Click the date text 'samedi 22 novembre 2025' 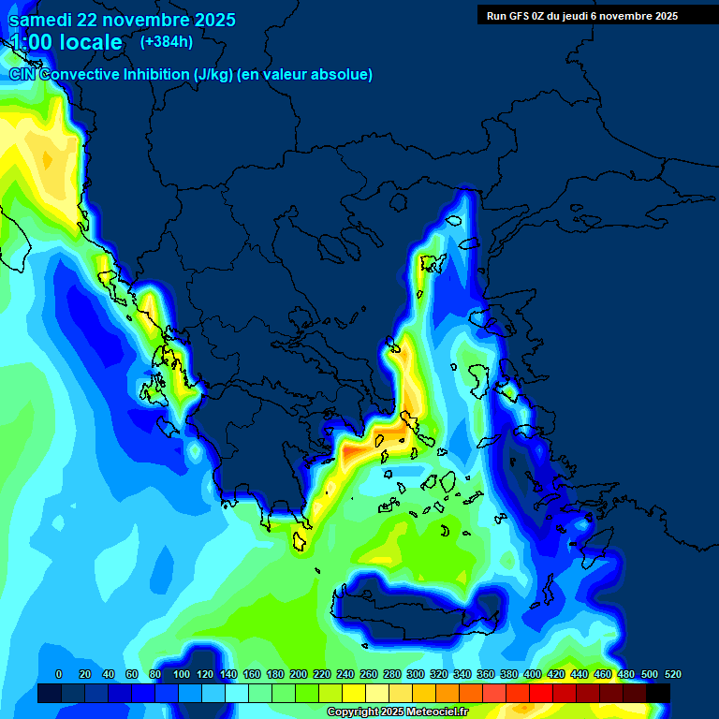pyautogui.click(x=123, y=20)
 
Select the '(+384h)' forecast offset pyautogui.click(x=167, y=41)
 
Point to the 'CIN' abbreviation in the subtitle pyautogui.click(x=22, y=74)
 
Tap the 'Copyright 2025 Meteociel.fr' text pyautogui.click(x=397, y=712)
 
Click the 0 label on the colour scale pyautogui.click(x=59, y=674)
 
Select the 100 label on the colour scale pyautogui.click(x=181, y=674)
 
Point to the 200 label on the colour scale pyautogui.click(x=299, y=674)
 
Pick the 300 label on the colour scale pyautogui.click(x=416, y=674)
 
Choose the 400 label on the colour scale pyautogui.click(x=533, y=674)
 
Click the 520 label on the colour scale pyautogui.click(x=672, y=674)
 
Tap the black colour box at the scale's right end pyautogui.click(x=658, y=694)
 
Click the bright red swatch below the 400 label pyautogui.click(x=541, y=694)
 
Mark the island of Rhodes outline pyautogui.click(x=596, y=551)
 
